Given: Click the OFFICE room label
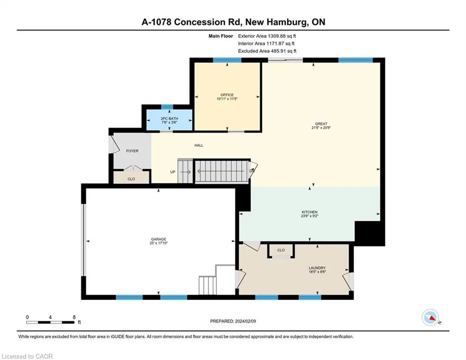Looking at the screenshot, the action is pos(227,95).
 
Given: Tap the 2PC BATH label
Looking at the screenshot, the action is pos(169,119).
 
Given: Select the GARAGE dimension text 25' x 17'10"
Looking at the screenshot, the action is pos(158,243).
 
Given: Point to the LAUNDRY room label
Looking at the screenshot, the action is pos(317,268).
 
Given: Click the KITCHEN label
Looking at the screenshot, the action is pos(310,212).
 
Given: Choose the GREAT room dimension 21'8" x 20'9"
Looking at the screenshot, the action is pos(321,127).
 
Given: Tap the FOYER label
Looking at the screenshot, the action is pos(132,151).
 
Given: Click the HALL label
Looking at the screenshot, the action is pos(199,145).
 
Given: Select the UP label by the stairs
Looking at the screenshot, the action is pos(173,172).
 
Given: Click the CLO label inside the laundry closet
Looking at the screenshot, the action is pos(281,250).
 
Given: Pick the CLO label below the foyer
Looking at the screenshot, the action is pos(131,179).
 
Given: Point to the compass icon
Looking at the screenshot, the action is pos(430,317).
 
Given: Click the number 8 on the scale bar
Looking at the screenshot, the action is pos(74,317).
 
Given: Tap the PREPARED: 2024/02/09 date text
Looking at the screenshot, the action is pos(233,321).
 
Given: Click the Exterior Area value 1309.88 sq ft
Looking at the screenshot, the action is pos(282,36).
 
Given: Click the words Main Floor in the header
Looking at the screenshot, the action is pos(221,36).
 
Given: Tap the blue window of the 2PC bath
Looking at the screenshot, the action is pos(167,107).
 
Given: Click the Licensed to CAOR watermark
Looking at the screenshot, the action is pos(27,356).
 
